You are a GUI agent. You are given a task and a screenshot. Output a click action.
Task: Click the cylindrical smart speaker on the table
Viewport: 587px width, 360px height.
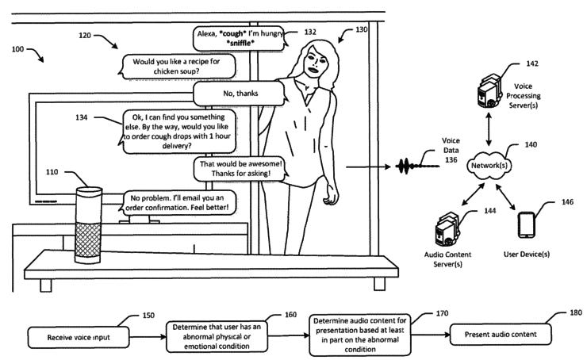click(x=88, y=225)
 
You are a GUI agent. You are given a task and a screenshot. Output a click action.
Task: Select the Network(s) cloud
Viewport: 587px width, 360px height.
click(x=489, y=166)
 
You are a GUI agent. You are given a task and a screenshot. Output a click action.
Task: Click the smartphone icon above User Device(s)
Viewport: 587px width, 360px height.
click(x=526, y=225)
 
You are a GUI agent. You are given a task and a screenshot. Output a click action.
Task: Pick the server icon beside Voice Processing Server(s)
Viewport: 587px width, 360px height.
click(x=489, y=91)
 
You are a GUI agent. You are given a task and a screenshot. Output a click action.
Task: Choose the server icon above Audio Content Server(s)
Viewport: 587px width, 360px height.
click(x=447, y=230)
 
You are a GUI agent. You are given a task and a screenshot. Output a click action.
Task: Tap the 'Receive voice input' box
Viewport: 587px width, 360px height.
click(x=79, y=337)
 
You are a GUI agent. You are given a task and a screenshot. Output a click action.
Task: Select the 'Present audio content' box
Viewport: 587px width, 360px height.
click(x=501, y=334)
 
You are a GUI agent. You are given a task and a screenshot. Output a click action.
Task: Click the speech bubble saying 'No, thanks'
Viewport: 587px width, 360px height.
click(x=240, y=94)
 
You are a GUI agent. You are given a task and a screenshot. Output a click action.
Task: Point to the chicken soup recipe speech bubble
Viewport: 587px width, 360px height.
click(x=177, y=67)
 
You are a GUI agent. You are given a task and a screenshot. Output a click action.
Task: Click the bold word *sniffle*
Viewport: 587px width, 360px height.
click(x=240, y=43)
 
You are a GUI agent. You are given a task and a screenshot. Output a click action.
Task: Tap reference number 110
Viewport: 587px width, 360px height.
click(x=52, y=172)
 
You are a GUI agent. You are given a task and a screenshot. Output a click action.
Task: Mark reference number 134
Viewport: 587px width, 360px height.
click(x=81, y=117)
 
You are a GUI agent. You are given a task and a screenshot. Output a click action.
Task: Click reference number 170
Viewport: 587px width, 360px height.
click(x=442, y=313)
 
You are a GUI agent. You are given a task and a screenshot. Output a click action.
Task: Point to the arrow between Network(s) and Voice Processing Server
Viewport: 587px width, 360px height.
click(x=489, y=129)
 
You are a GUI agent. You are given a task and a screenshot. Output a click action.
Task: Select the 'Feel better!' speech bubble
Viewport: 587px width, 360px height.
click(x=178, y=202)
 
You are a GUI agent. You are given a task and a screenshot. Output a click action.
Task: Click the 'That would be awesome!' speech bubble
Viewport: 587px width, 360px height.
click(x=241, y=169)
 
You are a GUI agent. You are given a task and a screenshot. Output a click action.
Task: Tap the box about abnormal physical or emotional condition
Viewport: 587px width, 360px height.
click(x=217, y=336)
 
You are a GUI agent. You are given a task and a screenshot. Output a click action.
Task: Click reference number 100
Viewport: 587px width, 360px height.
click(x=17, y=49)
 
